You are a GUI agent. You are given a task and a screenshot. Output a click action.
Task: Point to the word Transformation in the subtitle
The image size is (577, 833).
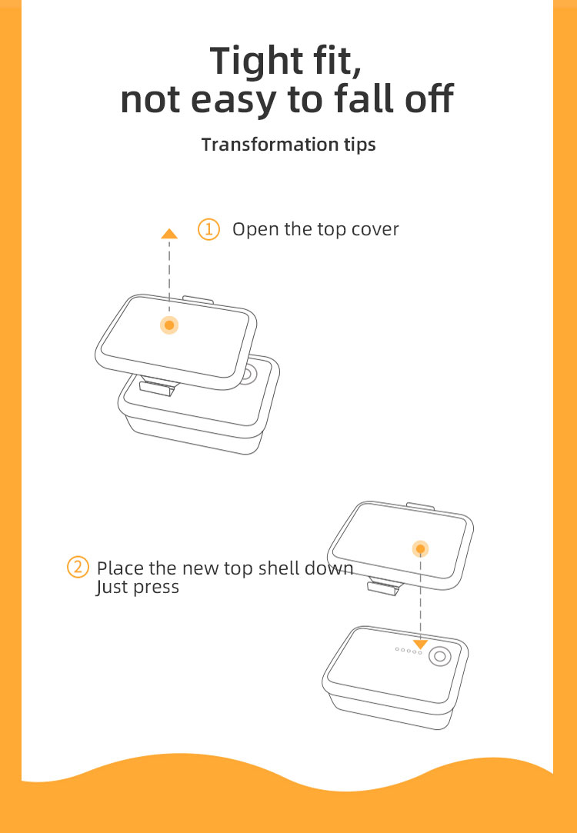pos(269,144)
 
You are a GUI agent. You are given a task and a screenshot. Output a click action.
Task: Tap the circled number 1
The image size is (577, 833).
pos(208,229)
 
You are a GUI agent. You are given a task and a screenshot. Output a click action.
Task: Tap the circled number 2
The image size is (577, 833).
pos(78,567)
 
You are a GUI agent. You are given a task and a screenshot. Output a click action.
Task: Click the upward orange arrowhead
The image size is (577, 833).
pos(169,233)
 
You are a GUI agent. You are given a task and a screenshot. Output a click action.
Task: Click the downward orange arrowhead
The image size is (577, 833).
pos(420,644)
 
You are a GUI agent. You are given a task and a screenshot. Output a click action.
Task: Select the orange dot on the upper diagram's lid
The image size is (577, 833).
pos(169,325)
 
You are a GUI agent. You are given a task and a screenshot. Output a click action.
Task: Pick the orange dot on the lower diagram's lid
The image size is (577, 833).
pos(420,548)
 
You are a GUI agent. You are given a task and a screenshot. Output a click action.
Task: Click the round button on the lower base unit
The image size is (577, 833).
pos(440,657)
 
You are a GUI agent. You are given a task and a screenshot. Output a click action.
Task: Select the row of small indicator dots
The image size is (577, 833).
pos(409,650)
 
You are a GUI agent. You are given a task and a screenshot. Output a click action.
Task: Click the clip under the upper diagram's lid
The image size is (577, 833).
pos(157,385)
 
